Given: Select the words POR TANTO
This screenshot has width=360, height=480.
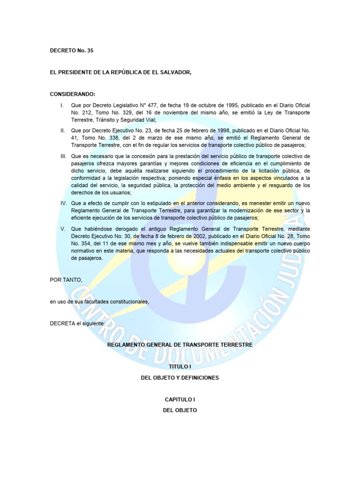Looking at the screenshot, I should coord(66,280).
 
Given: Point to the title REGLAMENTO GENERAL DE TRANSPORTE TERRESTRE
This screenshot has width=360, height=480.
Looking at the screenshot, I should coord(180,345).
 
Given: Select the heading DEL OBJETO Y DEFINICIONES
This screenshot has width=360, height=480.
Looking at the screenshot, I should coord(180,377).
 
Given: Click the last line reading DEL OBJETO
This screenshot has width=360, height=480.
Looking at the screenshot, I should coord(180,410).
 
